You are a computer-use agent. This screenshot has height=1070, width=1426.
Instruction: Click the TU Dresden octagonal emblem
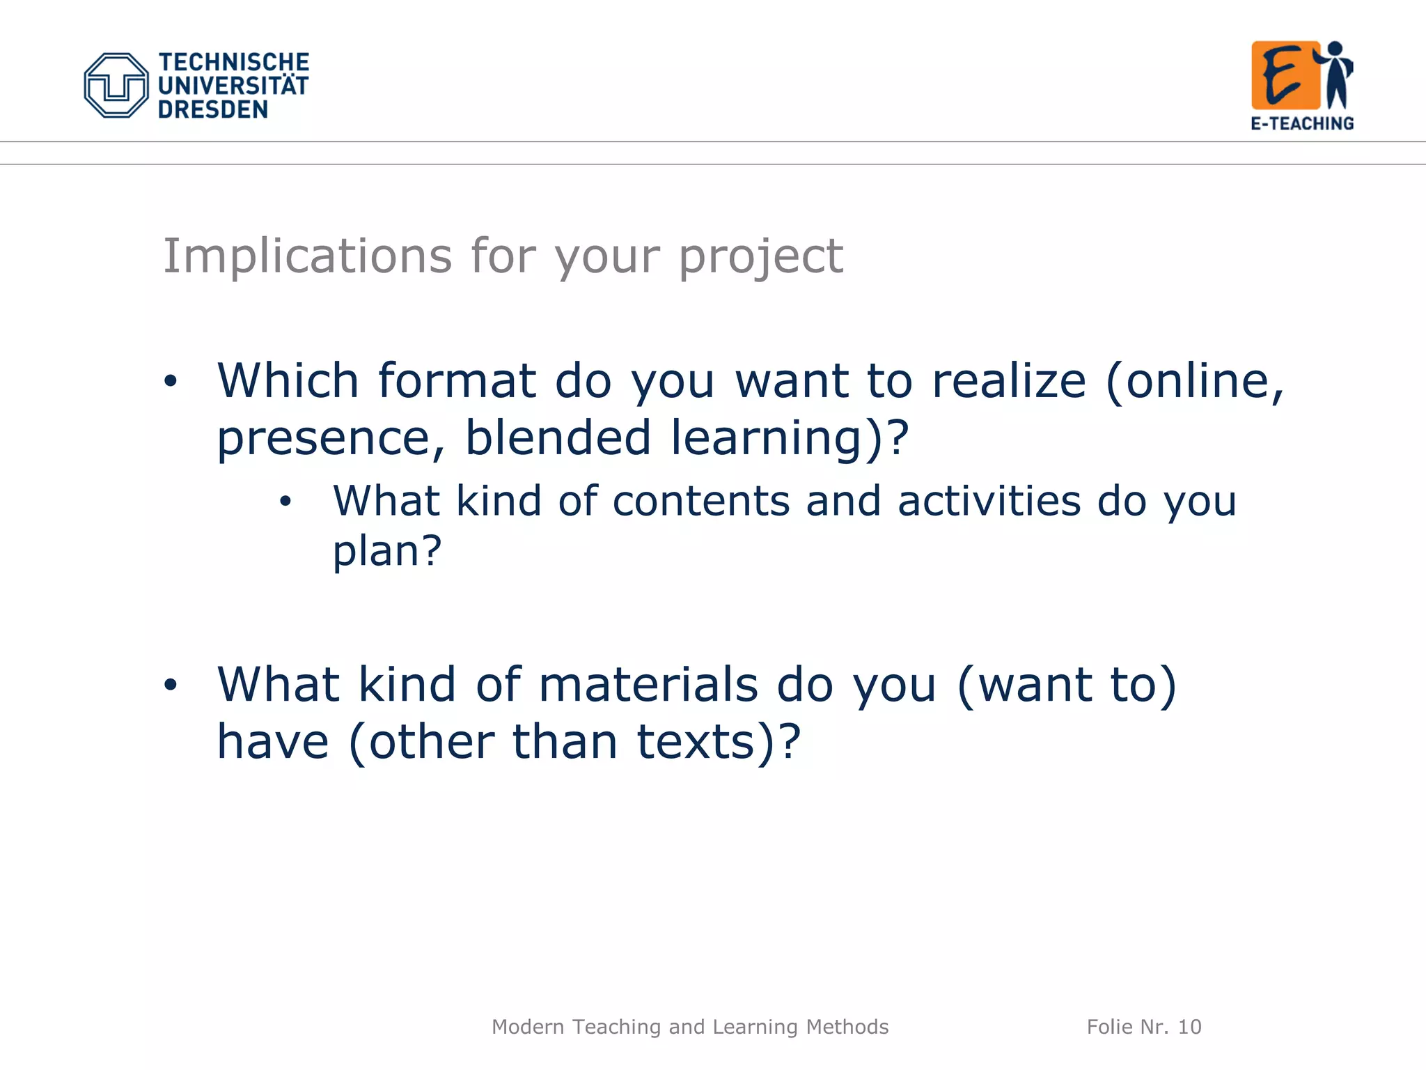pyautogui.click(x=116, y=86)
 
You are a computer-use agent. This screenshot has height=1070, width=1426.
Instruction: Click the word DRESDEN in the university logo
pyautogui.click(x=213, y=110)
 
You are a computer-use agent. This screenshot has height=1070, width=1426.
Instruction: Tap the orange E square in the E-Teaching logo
pyautogui.click(x=1285, y=75)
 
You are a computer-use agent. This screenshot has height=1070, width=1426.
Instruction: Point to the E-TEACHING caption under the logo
pyautogui.click(x=1302, y=124)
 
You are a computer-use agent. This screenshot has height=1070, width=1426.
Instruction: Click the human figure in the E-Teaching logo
pyautogui.click(x=1337, y=75)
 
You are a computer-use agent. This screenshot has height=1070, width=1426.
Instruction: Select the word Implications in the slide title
pyautogui.click(x=307, y=256)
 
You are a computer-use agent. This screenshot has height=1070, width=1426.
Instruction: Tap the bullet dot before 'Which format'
pyautogui.click(x=171, y=381)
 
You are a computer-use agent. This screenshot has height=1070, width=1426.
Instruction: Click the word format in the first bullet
pyautogui.click(x=457, y=381)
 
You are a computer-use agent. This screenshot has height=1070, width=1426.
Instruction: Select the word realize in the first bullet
pyautogui.click(x=1009, y=381)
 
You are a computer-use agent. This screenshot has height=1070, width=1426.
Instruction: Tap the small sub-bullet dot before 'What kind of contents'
pyautogui.click(x=285, y=502)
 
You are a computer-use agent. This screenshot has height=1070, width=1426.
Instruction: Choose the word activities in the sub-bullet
pyautogui.click(x=989, y=501)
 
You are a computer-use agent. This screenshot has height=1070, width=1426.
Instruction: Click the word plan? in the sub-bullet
pyautogui.click(x=387, y=551)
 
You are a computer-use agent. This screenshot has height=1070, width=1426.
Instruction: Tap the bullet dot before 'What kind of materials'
pyautogui.click(x=171, y=685)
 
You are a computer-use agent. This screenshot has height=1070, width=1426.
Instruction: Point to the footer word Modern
pyautogui.click(x=528, y=1027)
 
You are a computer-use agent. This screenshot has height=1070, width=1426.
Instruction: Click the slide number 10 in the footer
pyautogui.click(x=1189, y=1027)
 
